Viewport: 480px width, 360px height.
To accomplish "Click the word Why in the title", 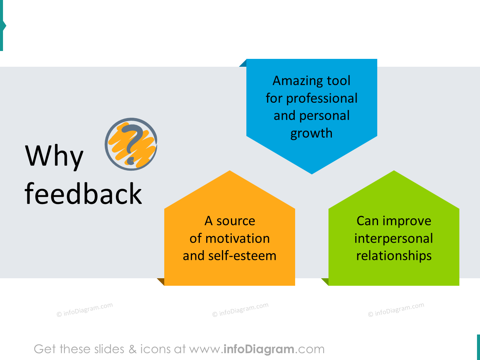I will (54, 156).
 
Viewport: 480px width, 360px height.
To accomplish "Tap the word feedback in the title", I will (83, 194).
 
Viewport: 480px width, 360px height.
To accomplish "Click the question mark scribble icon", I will (131, 144).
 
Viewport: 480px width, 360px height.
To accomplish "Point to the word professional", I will (322, 98).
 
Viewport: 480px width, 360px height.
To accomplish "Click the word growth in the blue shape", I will (311, 133).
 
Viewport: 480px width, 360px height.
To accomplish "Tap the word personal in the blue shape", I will (325, 116).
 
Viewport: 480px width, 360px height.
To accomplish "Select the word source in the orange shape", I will (235, 221).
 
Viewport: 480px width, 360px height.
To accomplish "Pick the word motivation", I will (237, 238).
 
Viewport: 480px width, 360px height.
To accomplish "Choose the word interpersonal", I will (394, 238).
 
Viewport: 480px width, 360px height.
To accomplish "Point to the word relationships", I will (394, 256).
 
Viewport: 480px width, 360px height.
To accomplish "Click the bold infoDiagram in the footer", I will (259, 349).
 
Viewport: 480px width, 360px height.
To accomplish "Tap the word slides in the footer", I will (109, 349).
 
